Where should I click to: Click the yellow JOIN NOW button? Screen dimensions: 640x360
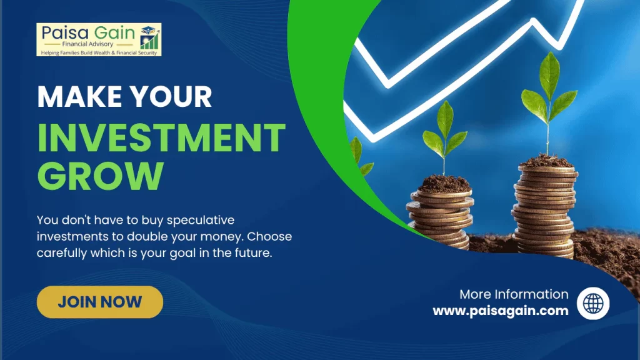pos(99,302)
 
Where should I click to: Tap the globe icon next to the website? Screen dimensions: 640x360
pos(593,303)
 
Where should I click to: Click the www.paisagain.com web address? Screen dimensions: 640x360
pos(501,311)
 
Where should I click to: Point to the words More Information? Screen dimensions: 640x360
pos(514,294)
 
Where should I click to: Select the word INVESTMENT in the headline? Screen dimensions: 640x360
pos(161,138)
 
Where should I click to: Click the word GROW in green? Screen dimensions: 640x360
pos(101,176)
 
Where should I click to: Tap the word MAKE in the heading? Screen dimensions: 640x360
pos(79,97)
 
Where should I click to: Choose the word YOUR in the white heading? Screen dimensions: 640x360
pos(171,97)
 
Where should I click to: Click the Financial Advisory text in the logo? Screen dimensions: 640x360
pos(87,44)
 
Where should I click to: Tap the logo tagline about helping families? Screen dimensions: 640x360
pos(99,52)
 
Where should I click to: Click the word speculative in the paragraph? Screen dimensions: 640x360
pos(201,221)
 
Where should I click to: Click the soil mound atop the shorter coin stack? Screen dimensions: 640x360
pos(444,184)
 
